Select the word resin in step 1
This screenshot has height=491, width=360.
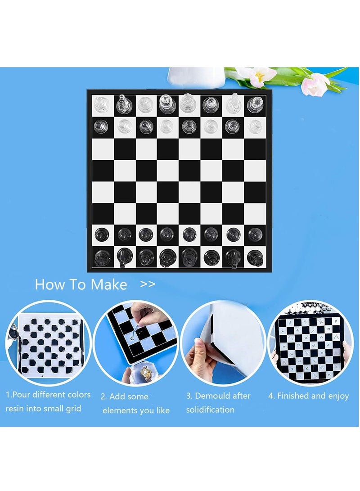tap(16, 409)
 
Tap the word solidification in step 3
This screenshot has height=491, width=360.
tap(210, 410)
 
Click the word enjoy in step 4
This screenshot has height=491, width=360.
tap(336, 396)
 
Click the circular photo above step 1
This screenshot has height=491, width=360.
tap(49, 343)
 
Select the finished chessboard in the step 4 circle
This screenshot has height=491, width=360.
tap(310, 343)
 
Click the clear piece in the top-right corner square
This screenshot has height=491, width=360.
tap(255, 105)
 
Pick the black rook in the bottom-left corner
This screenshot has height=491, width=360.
tap(101, 257)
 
